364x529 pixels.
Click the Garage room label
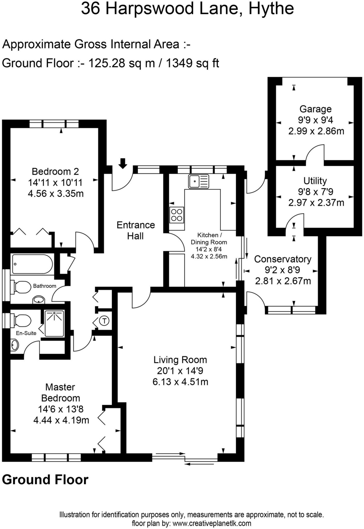pos(315,109)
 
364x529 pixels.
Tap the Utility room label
pos(315,181)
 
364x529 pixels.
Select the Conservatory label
pos(283,259)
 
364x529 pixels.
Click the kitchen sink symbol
pos(198,181)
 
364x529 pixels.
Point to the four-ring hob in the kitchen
pos(177,215)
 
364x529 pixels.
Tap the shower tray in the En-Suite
pos(54,323)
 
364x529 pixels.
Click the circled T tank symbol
pos(104,321)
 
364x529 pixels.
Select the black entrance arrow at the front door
pos(123,163)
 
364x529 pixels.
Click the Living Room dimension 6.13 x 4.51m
pos(180,382)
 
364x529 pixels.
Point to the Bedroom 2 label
pos(55,171)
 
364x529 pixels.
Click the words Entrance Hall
pos(135,230)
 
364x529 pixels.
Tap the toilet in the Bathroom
pos(21,287)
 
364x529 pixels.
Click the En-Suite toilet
pos(21,321)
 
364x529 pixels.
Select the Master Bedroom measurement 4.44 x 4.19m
pos(61,420)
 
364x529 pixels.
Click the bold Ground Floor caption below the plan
pos(45,479)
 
